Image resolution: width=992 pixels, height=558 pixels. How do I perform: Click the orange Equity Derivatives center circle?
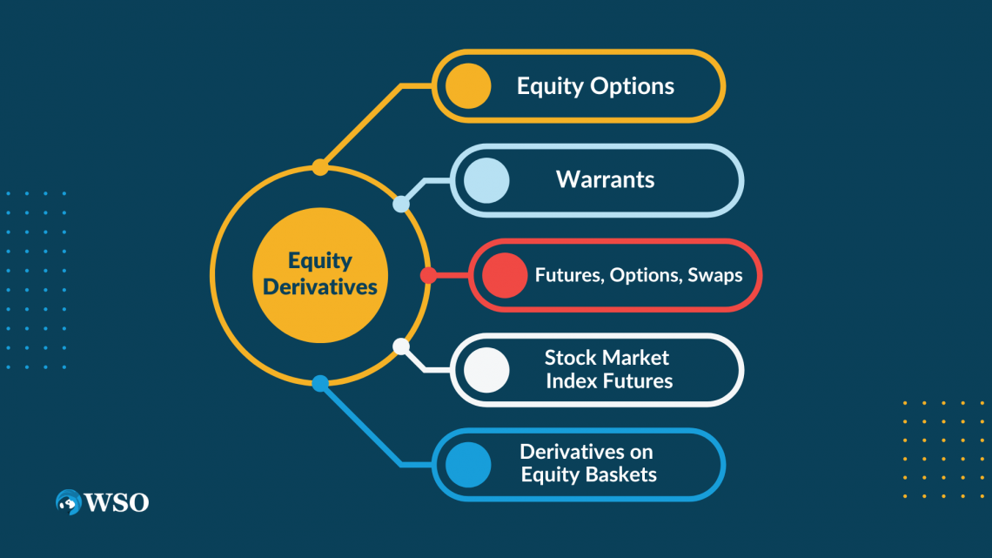pos(320,274)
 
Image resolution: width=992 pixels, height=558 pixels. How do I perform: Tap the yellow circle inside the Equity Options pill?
pos(468,86)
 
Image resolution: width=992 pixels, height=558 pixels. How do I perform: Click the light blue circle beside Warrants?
pos(486,180)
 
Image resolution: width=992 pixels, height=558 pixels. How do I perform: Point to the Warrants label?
pos(606,180)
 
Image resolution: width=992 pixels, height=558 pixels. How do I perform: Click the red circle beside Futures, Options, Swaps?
pos(505,275)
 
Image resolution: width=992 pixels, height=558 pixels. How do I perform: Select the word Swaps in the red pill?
pos(715,275)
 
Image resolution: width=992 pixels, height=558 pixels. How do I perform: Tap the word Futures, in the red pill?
pos(569,275)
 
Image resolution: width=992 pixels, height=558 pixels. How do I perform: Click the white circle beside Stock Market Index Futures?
pos(486,369)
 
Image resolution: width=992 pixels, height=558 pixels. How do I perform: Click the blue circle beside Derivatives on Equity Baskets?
pos(468,464)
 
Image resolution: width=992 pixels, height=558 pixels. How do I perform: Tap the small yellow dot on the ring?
pos(320,166)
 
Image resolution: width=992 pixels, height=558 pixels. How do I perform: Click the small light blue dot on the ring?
pos(401,205)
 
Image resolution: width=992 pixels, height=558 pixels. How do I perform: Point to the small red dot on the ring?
pos(428,275)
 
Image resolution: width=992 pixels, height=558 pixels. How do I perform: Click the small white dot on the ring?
pos(401,346)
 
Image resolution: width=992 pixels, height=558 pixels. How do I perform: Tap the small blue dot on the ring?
pos(320,383)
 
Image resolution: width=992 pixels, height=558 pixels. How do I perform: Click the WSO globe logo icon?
pos(68,502)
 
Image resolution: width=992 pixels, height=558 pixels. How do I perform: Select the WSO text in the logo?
pos(117,502)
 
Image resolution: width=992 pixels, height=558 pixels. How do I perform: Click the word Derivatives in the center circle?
pos(320,286)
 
